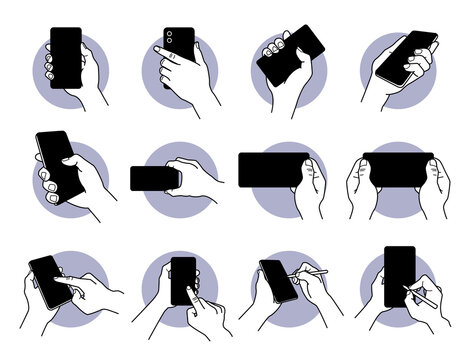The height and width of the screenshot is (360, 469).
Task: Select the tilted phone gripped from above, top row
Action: [291, 55]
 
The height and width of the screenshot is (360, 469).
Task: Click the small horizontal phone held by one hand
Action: [154, 178]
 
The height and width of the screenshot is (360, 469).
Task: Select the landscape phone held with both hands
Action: [398, 169]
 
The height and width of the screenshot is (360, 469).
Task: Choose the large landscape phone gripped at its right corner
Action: [273, 169]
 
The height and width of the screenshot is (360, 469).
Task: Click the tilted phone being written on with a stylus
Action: [279, 281]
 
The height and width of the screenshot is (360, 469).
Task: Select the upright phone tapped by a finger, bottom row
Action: [183, 279]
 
